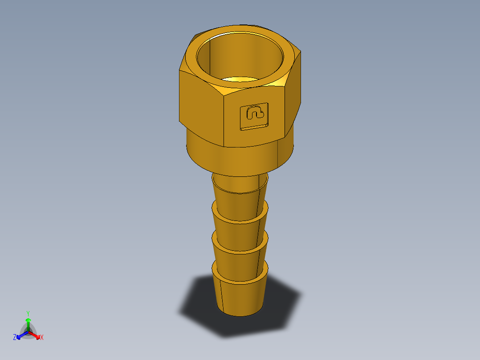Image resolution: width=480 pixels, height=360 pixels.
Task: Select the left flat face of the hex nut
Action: pos(200,105)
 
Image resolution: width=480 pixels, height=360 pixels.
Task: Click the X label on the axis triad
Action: pos(42,338)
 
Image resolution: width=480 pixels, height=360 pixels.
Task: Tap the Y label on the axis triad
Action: pos(28,313)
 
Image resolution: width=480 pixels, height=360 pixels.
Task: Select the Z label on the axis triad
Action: pos(15,337)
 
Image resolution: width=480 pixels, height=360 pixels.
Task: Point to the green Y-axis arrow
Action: pos(28,323)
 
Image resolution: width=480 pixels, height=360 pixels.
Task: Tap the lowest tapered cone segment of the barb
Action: pos(240,296)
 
